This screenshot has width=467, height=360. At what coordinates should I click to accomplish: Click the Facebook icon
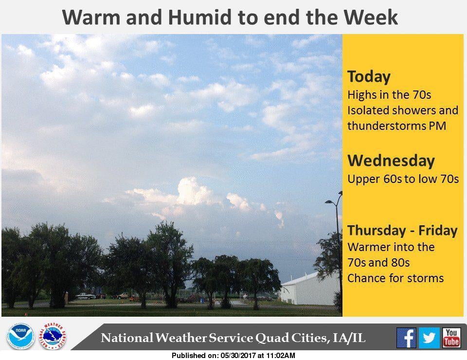[406, 338]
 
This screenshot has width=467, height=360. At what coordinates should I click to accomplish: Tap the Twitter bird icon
[429, 338]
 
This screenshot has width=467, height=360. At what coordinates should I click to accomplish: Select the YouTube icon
[451, 338]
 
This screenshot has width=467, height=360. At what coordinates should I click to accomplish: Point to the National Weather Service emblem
[53, 336]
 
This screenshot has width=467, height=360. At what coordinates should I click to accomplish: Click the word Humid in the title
[200, 18]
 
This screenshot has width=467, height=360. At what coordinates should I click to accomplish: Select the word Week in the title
[371, 18]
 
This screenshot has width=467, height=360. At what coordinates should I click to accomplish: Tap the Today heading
[369, 77]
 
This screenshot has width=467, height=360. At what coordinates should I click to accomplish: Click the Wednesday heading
[391, 161]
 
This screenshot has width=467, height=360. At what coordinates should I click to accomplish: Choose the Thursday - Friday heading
[402, 231]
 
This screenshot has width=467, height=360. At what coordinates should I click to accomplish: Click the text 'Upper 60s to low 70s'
[403, 179]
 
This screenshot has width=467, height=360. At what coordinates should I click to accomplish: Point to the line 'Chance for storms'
[395, 278]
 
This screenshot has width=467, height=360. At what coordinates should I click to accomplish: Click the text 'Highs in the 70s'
[389, 95]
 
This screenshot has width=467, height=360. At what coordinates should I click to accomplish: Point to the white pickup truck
[85, 296]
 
